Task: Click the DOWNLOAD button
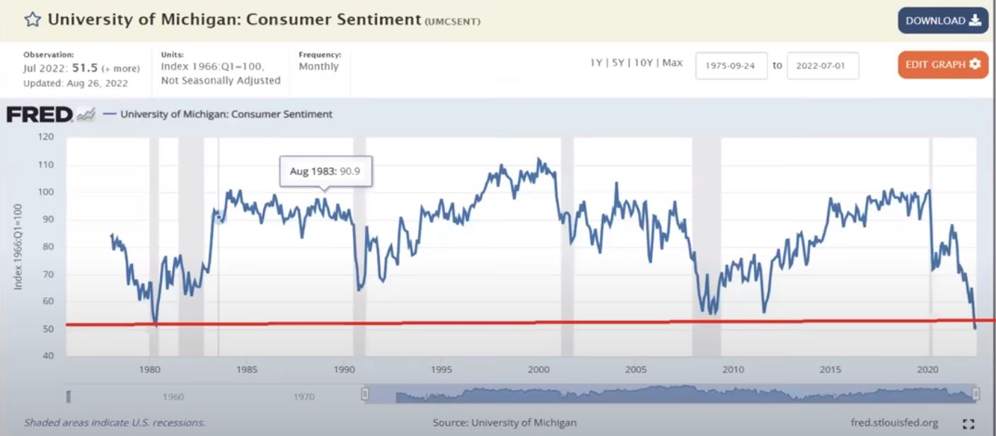[942, 21]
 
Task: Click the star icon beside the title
[32, 19]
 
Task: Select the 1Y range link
[596, 63]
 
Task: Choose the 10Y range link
[643, 63]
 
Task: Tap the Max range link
[672, 63]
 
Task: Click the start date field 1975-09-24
[731, 65]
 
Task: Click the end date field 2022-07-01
[822, 65]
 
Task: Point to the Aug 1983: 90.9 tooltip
[325, 171]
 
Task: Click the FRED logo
[40, 114]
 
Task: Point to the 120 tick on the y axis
[45, 137]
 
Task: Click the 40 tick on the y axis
[47, 356]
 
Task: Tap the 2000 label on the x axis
[538, 369]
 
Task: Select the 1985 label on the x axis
[247, 369]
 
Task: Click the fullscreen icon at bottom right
[968, 423]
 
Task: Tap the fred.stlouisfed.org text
[894, 423]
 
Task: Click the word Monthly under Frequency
[318, 67]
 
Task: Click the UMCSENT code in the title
[453, 21]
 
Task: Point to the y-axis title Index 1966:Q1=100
[18, 247]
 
